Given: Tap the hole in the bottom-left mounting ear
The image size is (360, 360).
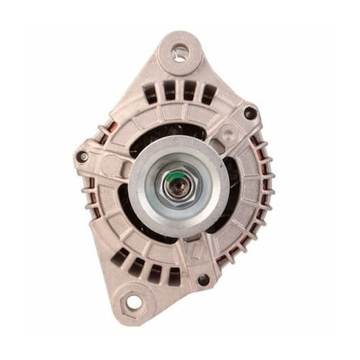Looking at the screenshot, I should point(130,301).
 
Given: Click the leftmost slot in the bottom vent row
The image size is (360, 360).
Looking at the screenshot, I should point(123,256).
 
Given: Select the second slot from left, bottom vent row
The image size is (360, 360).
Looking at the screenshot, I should point(138,266).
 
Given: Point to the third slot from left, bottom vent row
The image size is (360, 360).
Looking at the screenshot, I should point(155,271).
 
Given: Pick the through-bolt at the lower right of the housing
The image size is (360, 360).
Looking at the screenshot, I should point(202,280).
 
